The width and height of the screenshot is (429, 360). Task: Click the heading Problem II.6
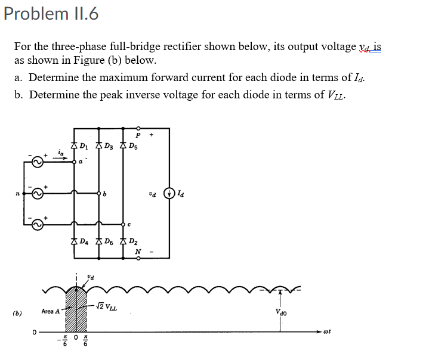(51, 13)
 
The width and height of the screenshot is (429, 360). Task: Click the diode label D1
(85, 145)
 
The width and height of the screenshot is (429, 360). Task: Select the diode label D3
(110, 145)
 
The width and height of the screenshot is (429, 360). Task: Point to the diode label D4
(85, 242)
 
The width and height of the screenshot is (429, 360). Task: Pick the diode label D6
(109, 242)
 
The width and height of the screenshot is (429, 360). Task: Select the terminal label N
(138, 251)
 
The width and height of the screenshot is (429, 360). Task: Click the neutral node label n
(19, 194)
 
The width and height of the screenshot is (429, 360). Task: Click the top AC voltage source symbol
(38, 162)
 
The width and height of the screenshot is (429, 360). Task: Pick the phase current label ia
(61, 153)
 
